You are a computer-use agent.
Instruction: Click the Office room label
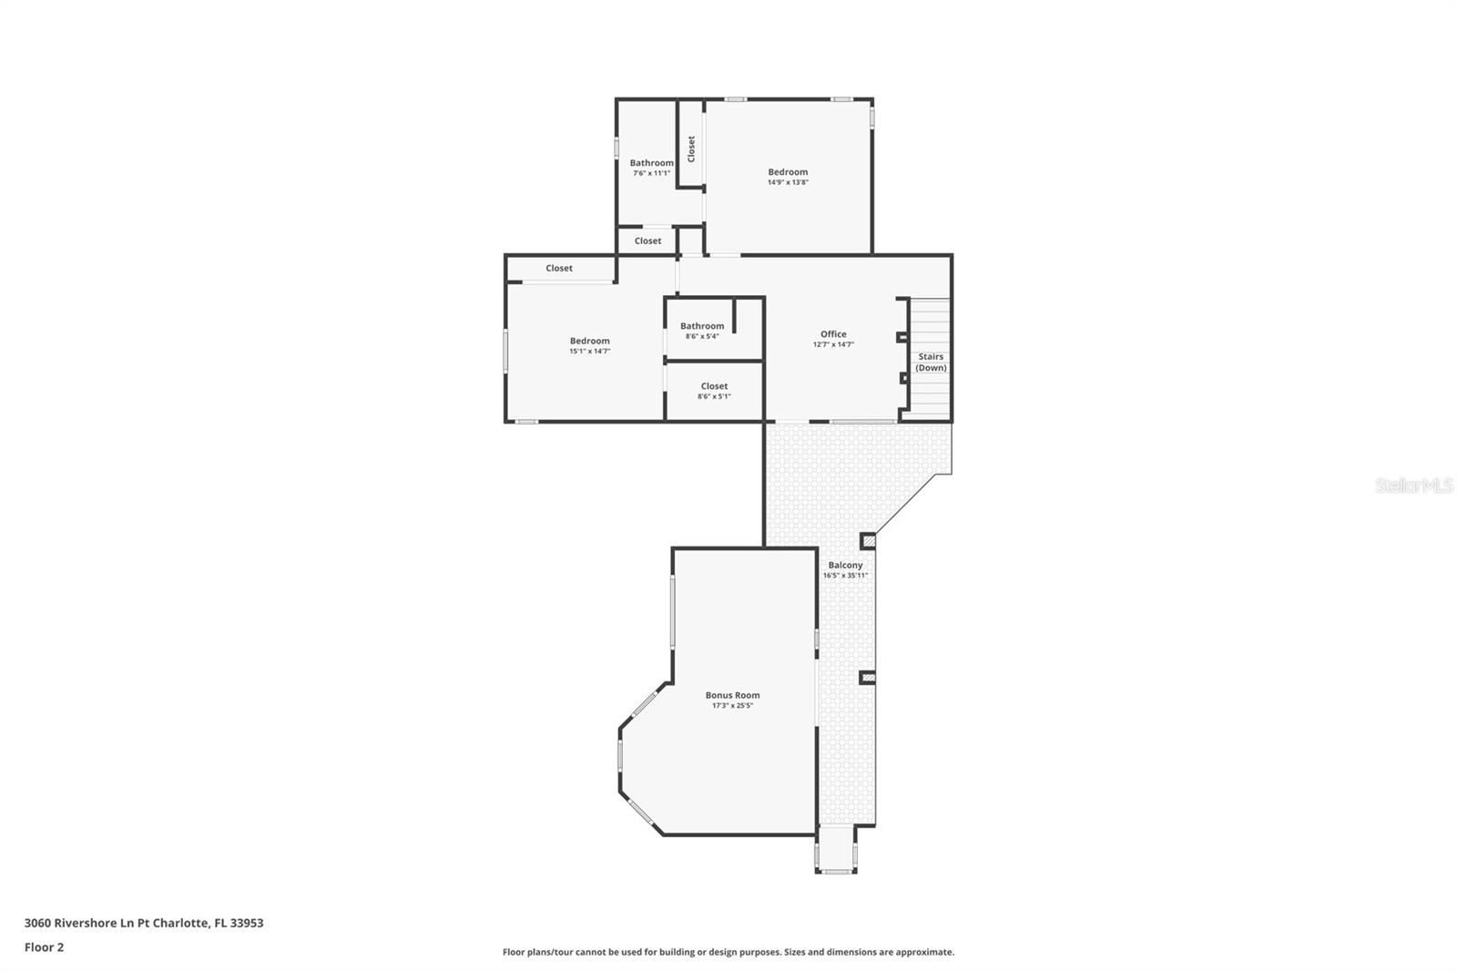click(x=833, y=334)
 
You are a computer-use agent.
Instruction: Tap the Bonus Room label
click(x=732, y=695)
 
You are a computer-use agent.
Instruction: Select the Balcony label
click(x=845, y=565)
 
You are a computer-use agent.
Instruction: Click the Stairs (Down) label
click(x=931, y=362)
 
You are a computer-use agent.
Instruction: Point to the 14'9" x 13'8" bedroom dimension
click(x=788, y=182)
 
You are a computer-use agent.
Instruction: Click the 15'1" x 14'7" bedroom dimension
click(x=590, y=352)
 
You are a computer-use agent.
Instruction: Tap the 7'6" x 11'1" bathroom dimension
click(x=651, y=173)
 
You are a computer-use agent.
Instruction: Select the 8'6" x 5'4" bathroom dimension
click(x=702, y=336)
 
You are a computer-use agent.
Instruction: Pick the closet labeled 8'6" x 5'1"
click(x=714, y=391)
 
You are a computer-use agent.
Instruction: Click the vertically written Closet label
click(x=691, y=149)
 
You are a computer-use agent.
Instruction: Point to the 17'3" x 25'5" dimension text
click(x=732, y=705)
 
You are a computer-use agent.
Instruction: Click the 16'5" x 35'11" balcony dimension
click(x=845, y=576)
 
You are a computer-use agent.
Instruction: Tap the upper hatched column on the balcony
click(x=868, y=541)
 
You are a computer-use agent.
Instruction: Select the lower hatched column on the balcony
click(x=868, y=678)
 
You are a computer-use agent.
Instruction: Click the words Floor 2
click(x=45, y=947)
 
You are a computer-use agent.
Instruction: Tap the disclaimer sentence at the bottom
click(x=728, y=952)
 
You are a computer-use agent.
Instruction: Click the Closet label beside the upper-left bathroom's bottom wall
click(x=647, y=240)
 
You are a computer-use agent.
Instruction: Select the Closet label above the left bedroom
click(x=559, y=268)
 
